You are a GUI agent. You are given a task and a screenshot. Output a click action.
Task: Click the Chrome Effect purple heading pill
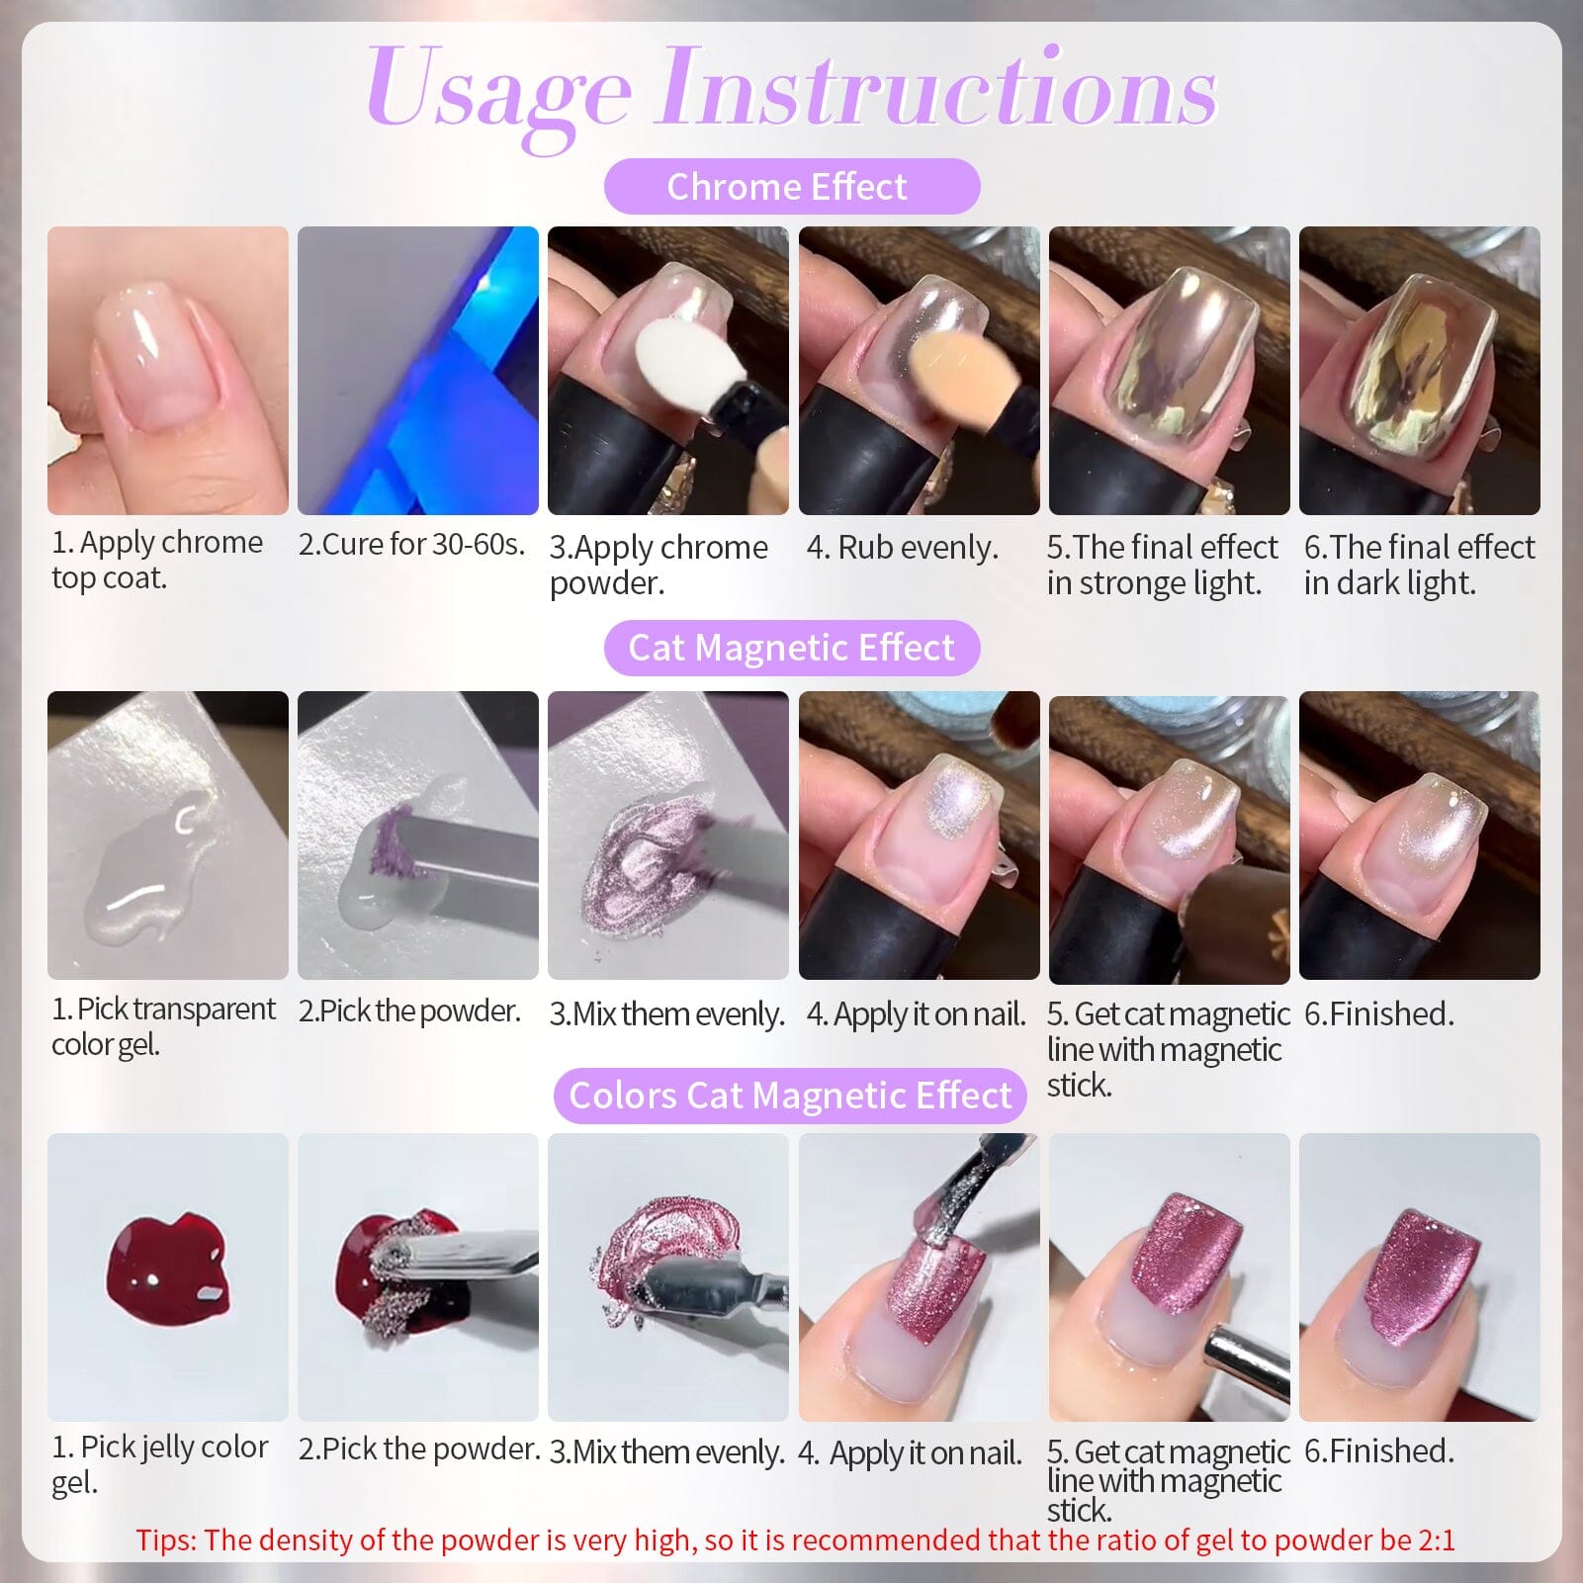coord(791,186)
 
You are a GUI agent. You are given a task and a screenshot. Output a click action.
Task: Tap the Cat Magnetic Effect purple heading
coord(791,648)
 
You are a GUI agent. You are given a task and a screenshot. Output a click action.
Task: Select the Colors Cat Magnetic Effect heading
coord(790,1096)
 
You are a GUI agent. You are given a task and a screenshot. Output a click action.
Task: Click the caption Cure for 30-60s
coord(411,544)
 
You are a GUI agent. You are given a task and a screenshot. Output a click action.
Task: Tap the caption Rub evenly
coord(902,547)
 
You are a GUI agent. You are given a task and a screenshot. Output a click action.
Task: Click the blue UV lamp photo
coord(417,371)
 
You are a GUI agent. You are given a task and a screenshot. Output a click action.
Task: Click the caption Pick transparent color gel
coord(163,1026)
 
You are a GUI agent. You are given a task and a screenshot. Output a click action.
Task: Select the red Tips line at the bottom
coord(795,1539)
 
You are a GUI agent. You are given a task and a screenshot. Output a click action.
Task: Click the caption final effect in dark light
coord(1418,565)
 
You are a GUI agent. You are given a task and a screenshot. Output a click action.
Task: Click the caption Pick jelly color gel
coord(159,1464)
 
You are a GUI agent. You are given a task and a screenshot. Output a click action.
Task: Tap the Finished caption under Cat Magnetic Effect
coord(1378,1013)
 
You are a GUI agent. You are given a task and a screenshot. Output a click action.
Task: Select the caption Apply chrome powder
coord(658,565)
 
